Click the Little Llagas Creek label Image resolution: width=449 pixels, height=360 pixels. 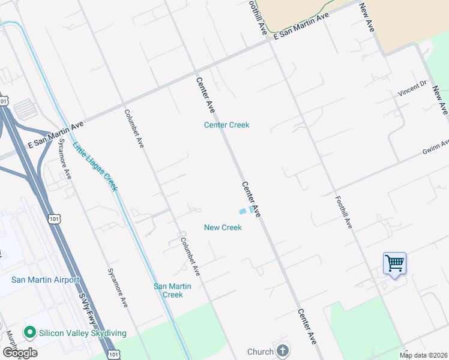[95, 166]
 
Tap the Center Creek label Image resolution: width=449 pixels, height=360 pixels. [226, 125]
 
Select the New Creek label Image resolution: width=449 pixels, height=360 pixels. [223, 227]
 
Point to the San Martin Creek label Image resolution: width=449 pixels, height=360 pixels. [173, 290]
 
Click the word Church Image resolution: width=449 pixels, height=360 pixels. [261, 352]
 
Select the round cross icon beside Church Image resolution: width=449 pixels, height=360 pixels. [283, 351]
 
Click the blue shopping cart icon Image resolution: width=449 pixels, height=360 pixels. [394, 263]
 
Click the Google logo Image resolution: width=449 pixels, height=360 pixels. [19, 353]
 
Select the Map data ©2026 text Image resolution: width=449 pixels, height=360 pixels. [423, 355]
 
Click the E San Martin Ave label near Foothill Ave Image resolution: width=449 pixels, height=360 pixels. [302, 26]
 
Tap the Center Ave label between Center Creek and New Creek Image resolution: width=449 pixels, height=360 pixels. [251, 199]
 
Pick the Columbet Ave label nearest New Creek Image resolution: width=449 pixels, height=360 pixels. [190, 257]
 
